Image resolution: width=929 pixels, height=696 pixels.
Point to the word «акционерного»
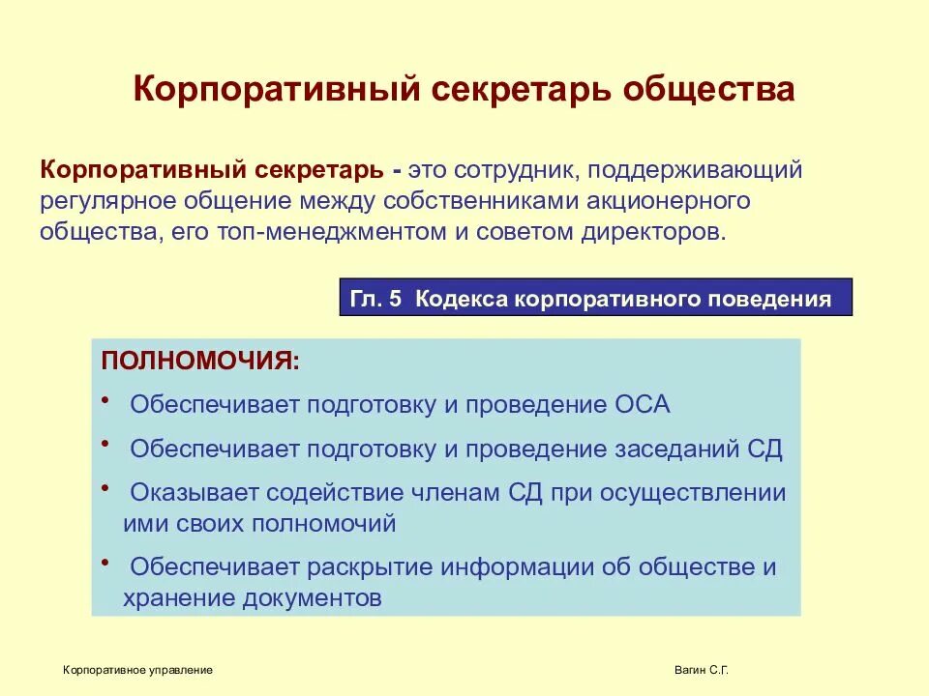(x=694, y=202)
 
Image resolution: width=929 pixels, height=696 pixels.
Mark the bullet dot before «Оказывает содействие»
(x=104, y=487)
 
